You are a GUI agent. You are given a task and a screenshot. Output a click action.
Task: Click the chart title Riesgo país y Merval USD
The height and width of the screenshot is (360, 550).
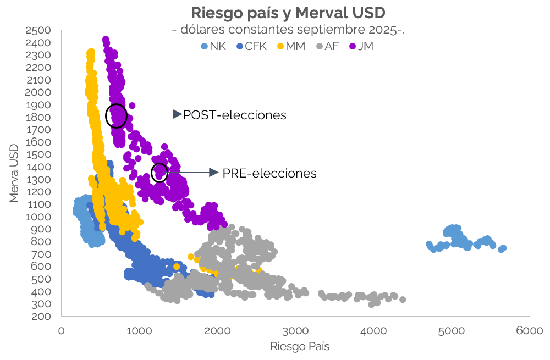point(288,13)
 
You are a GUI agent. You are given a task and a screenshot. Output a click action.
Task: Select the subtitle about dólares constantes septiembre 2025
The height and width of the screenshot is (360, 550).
point(288,30)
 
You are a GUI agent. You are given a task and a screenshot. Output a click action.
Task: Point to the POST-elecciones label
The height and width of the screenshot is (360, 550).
point(235,115)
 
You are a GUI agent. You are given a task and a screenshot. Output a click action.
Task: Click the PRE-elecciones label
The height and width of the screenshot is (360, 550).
point(269,173)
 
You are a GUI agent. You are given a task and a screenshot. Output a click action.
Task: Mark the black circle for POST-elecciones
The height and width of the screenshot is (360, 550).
point(116,115)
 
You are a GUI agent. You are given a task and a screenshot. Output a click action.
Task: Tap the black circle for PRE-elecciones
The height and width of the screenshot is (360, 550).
point(159,173)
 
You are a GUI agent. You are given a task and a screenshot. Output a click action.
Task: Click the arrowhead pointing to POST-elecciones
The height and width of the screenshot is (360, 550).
point(177,114)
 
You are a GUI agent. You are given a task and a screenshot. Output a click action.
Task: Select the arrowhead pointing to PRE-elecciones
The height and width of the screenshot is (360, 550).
point(214,173)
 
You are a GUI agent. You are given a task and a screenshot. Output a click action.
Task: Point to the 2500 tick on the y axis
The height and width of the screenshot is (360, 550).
point(38,30)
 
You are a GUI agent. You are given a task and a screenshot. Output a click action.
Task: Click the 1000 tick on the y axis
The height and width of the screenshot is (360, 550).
point(38,217)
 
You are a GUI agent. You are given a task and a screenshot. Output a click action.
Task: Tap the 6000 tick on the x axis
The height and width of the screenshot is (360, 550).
point(530,331)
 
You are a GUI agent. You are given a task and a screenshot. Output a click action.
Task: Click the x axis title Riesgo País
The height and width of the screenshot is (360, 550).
point(299,347)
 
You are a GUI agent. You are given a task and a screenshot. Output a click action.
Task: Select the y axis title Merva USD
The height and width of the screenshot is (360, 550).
point(14,173)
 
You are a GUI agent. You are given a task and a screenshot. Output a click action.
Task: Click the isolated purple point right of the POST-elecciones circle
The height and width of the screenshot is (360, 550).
point(132,106)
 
